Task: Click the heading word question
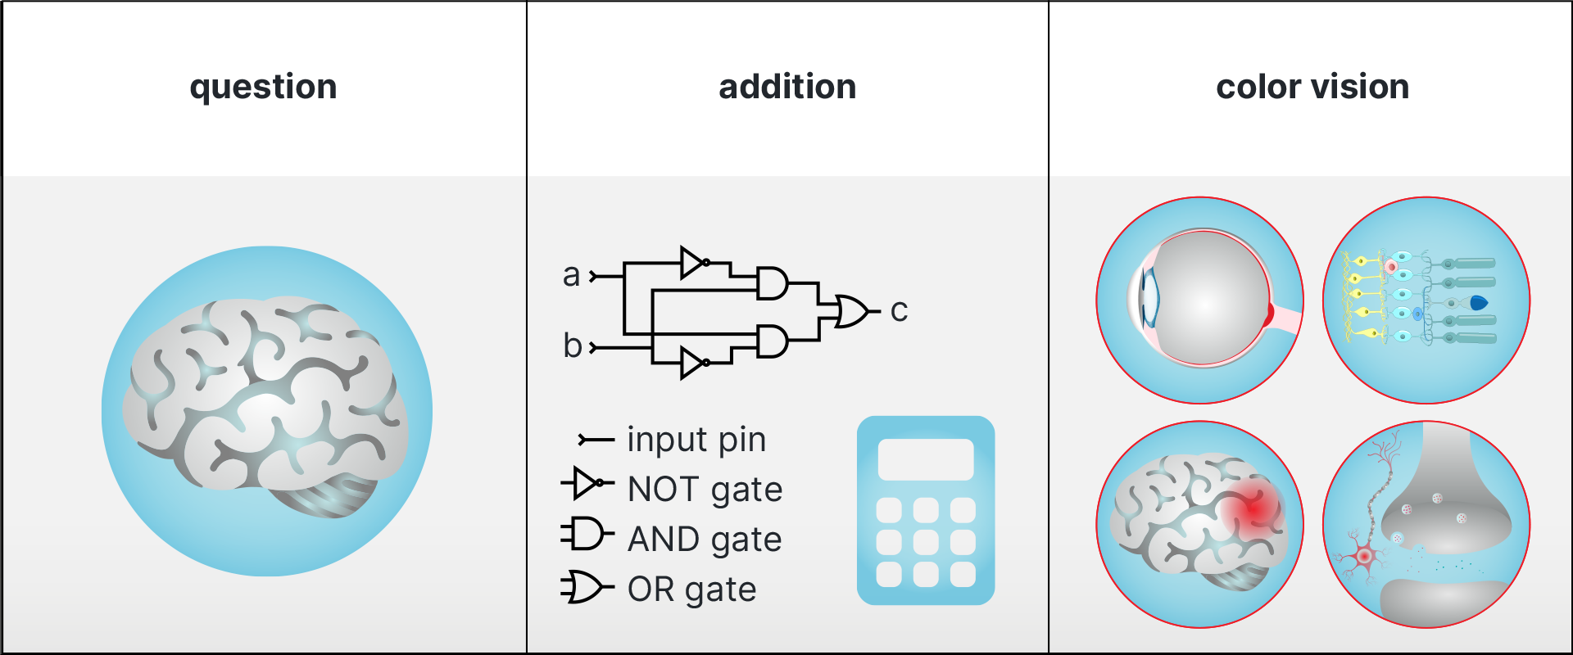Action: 263,87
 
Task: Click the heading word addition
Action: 787,87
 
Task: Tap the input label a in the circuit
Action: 571,275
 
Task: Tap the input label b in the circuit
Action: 572,346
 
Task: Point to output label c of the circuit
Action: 899,310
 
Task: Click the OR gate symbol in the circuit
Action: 851,311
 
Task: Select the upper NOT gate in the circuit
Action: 693,263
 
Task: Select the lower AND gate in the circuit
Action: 771,341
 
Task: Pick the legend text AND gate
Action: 704,540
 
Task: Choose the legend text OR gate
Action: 691,589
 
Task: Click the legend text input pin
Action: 696,440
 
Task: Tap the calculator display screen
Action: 926,459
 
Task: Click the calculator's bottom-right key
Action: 963,574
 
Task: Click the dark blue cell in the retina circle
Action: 1479,303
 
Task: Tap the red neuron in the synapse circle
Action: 1364,557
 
